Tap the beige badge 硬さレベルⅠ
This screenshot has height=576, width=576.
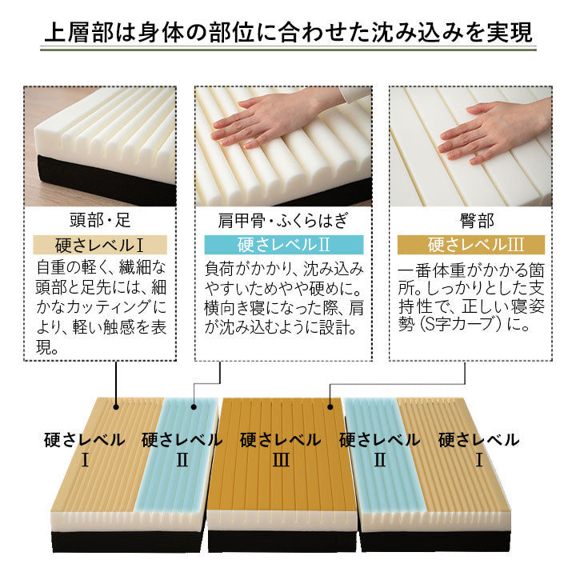coord(100,245)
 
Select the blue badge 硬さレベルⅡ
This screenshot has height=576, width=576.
coord(284,245)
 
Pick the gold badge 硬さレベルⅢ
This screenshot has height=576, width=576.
coord(470,245)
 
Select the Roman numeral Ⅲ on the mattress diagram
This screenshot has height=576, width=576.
coord(280,460)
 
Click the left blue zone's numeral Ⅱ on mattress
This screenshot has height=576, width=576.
coord(182,460)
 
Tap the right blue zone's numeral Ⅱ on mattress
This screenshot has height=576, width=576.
coord(379,460)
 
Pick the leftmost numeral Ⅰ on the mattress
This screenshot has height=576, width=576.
coord(84,460)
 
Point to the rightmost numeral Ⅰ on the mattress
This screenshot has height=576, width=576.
coord(478,460)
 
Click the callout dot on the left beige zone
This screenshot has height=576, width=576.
coord(118,406)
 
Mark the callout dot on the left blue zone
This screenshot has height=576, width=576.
coord(193,406)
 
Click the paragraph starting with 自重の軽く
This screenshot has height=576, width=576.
coord(100,307)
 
